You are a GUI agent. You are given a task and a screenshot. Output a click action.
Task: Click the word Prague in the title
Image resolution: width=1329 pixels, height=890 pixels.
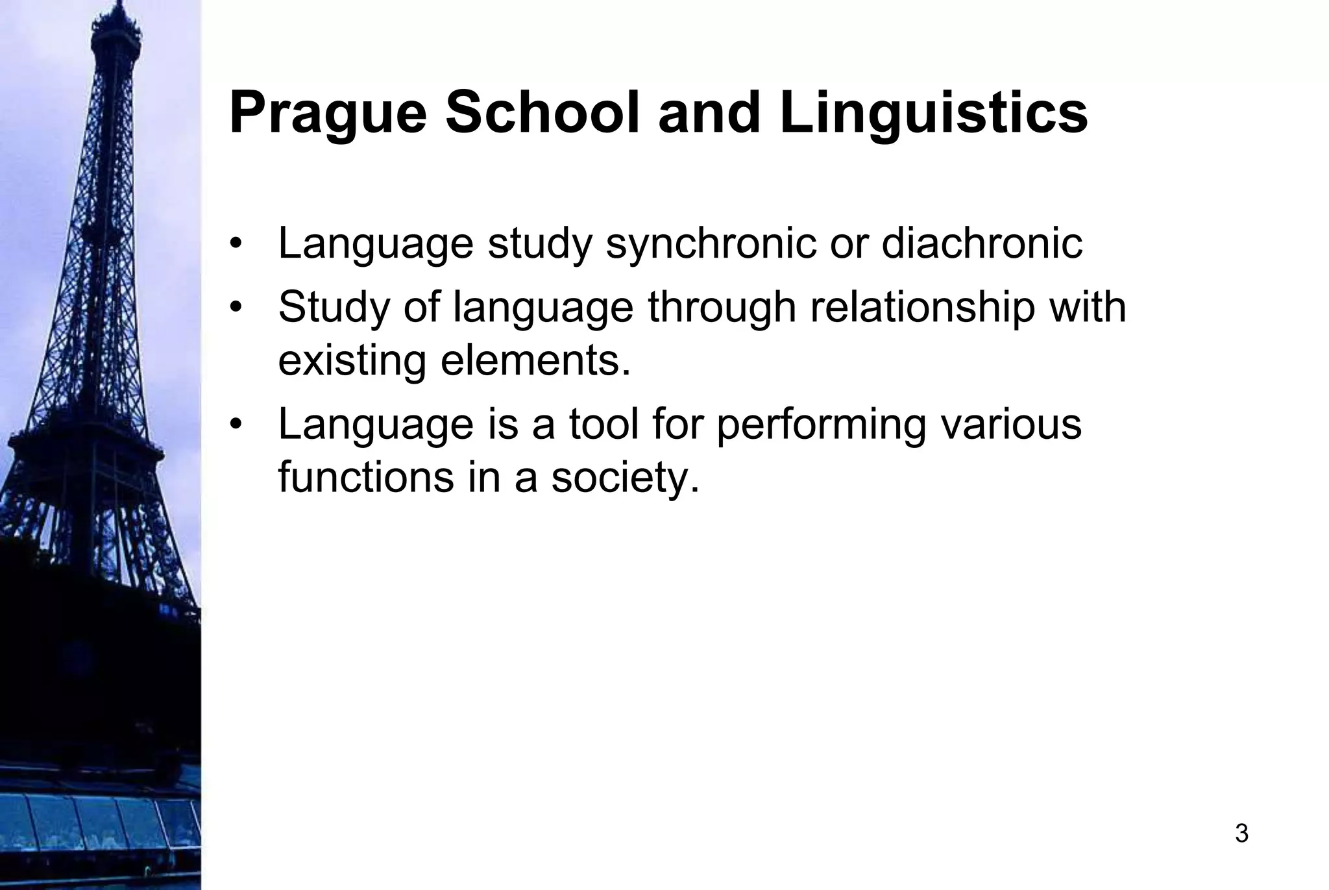coord(328,114)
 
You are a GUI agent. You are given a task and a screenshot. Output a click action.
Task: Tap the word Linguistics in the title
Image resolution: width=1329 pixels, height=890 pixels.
coord(933,114)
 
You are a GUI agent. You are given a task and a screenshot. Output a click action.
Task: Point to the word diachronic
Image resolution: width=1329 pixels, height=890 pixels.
coord(982,243)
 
